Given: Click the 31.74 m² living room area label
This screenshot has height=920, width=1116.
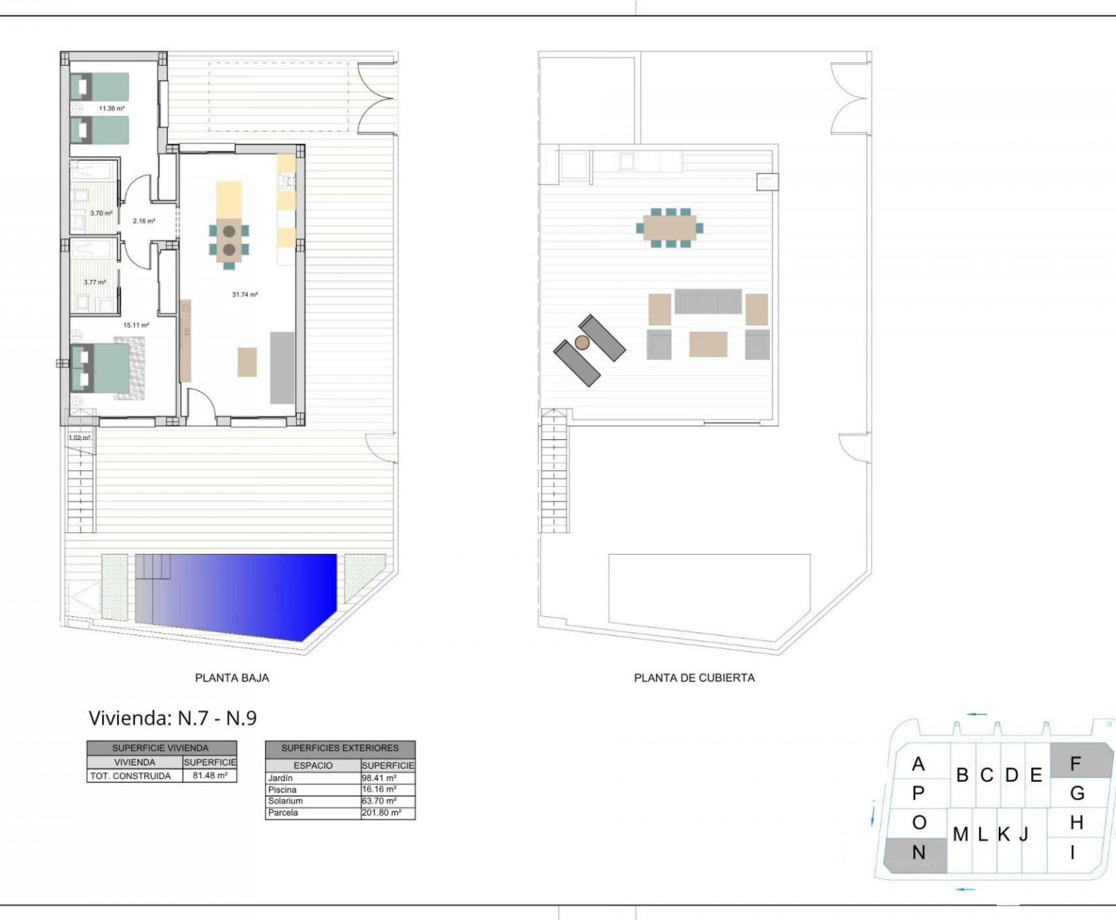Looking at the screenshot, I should (245, 295).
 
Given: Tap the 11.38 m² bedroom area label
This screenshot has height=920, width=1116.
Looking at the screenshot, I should (111, 108).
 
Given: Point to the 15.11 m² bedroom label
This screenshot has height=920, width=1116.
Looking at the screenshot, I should (136, 325).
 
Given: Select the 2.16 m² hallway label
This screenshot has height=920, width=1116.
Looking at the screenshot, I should (144, 221).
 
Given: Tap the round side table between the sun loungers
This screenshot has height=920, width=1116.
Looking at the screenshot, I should (582, 342).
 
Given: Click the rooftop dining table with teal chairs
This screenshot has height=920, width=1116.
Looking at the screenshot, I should (669, 228).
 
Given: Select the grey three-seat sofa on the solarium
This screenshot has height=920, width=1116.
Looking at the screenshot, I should (708, 302).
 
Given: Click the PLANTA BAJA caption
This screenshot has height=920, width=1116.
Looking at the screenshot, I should (232, 678).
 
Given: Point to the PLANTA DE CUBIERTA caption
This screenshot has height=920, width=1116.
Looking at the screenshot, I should (694, 678).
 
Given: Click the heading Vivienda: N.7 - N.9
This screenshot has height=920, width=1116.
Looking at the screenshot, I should (172, 718).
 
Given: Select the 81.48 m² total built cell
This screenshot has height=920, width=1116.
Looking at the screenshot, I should (210, 775).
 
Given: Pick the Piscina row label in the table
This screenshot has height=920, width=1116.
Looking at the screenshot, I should (282, 790).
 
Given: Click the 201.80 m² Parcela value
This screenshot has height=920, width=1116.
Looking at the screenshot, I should (381, 813).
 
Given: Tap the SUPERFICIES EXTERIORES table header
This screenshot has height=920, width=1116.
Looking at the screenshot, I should (340, 748).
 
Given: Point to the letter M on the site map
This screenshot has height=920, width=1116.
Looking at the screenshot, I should (960, 835).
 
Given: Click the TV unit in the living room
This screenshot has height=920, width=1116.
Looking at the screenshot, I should (185, 341).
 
